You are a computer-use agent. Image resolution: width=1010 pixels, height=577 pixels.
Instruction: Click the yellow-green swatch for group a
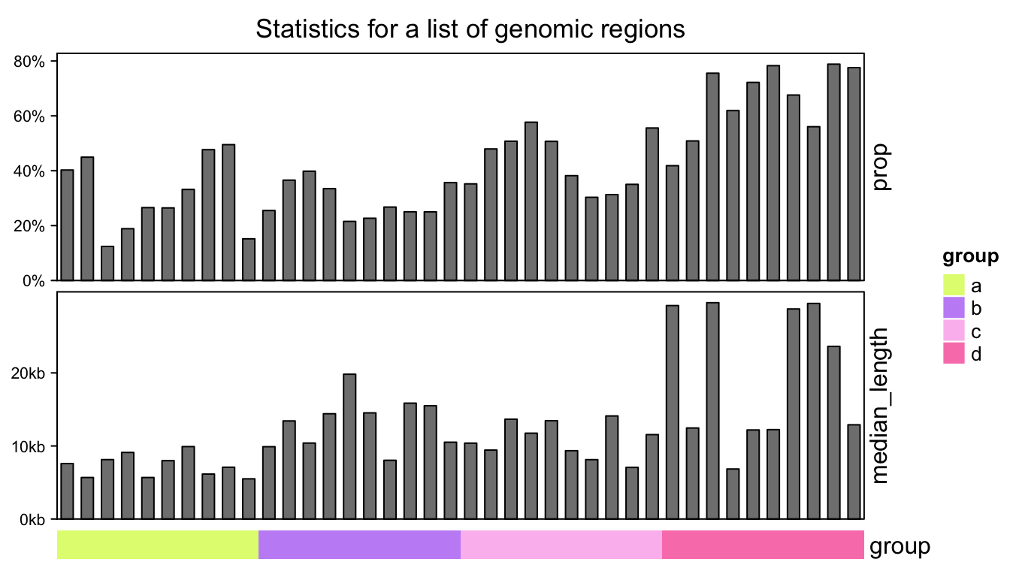pos(954,285)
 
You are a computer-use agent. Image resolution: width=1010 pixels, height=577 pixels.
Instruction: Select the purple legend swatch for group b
pos(954,308)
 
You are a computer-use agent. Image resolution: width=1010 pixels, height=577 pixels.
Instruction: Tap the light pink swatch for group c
pos(954,331)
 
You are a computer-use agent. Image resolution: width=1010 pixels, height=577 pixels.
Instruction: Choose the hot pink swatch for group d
pos(954,353)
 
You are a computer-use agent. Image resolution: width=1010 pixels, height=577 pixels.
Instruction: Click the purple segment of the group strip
pos(359,545)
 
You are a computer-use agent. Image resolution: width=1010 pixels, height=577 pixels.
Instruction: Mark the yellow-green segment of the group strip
pos(158,545)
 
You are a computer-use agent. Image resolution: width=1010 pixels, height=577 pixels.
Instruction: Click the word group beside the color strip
pos(900,546)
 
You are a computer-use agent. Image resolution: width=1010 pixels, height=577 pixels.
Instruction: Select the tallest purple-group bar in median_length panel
pos(349,446)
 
